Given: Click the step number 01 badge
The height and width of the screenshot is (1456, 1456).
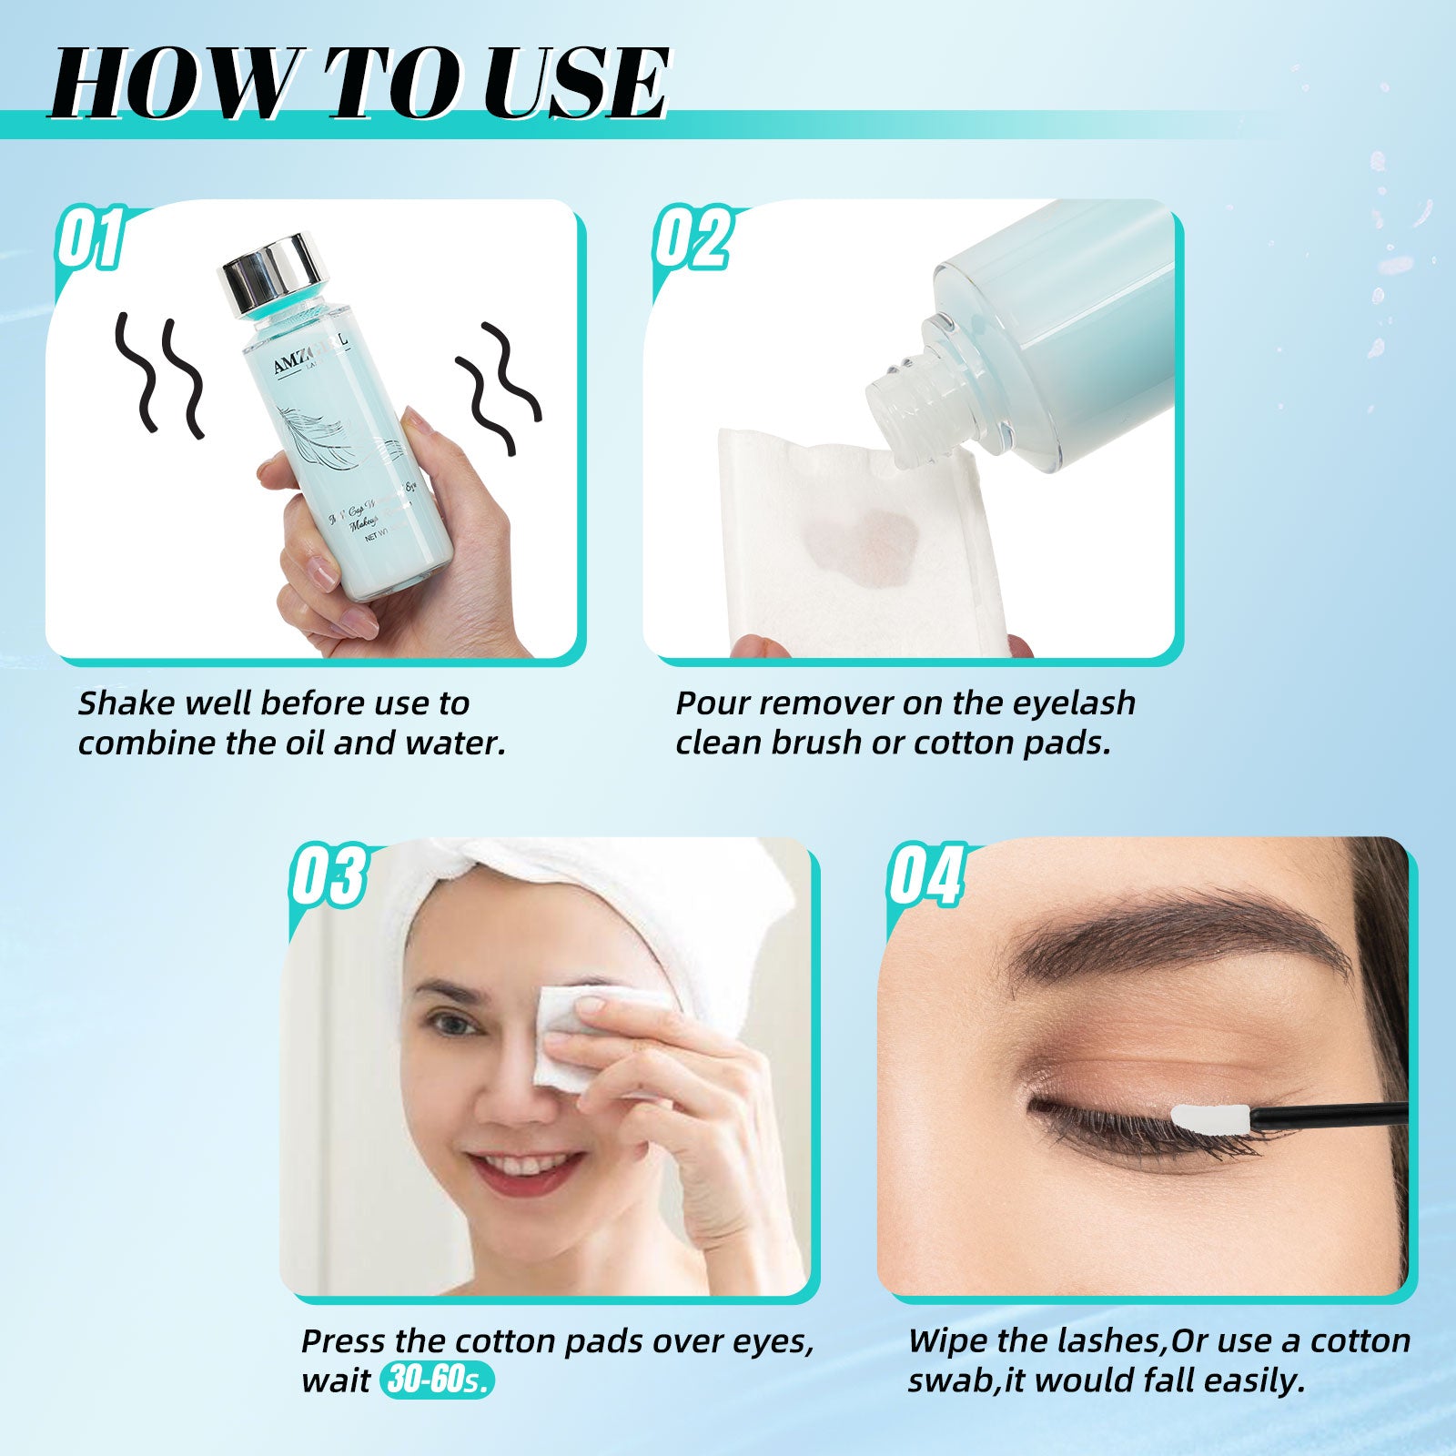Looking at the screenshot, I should [x=90, y=238].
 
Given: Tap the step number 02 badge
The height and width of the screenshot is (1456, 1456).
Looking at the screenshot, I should [x=692, y=238].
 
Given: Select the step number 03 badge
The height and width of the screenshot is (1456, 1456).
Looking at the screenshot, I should [x=329, y=875].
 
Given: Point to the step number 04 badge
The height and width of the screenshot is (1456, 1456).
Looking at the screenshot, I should [x=925, y=875].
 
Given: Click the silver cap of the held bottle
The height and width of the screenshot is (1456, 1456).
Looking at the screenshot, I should [x=273, y=275].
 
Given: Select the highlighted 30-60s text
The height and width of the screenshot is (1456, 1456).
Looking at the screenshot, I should [x=438, y=1380].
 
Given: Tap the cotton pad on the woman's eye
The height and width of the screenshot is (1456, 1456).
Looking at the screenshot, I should [x=569, y=1037].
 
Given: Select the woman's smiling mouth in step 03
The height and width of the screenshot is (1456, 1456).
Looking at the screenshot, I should [x=528, y=1170].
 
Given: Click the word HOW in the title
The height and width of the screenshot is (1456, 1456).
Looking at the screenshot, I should [x=173, y=84].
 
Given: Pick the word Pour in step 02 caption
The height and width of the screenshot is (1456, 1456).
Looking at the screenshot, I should [x=711, y=703].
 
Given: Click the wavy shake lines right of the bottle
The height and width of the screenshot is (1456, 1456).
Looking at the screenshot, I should [x=497, y=388].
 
